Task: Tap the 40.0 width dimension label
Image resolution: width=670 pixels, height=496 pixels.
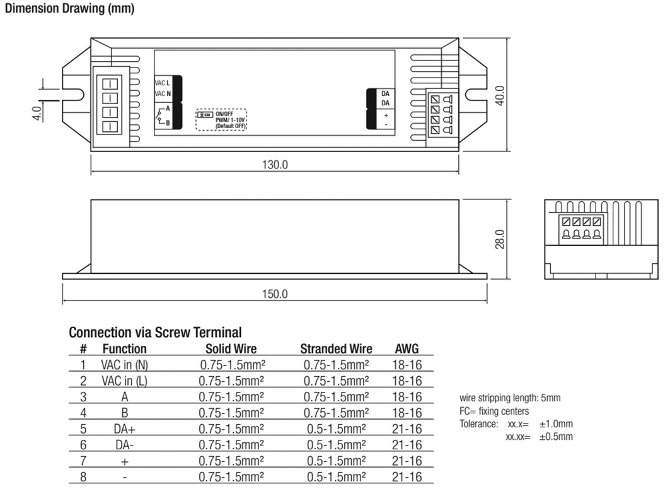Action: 500,97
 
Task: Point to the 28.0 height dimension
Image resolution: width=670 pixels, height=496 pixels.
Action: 500,239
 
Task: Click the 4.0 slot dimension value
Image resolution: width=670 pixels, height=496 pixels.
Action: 37,114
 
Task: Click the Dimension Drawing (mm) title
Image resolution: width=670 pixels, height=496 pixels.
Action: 69,11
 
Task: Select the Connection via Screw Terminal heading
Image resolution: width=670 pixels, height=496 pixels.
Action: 154,333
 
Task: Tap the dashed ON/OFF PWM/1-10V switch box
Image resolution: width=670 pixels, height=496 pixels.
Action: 221,120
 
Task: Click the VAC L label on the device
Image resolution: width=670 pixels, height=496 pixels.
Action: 163,83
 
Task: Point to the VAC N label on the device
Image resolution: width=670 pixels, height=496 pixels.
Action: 163,94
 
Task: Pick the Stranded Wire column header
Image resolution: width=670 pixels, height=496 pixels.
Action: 336,349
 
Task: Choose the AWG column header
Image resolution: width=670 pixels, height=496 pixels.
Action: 407,349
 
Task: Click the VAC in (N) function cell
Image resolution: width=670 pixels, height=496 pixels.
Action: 124,365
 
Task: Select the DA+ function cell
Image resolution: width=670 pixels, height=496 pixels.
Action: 124,429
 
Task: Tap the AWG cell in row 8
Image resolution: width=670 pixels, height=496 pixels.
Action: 407,477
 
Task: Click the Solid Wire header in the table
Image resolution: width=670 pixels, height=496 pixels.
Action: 231,349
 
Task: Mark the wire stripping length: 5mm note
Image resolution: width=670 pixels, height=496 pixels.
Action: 511,398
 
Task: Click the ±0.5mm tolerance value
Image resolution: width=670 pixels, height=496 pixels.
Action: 556,436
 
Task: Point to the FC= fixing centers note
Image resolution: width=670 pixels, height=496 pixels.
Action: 495,411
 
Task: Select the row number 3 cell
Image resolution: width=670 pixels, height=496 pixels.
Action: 83,397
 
